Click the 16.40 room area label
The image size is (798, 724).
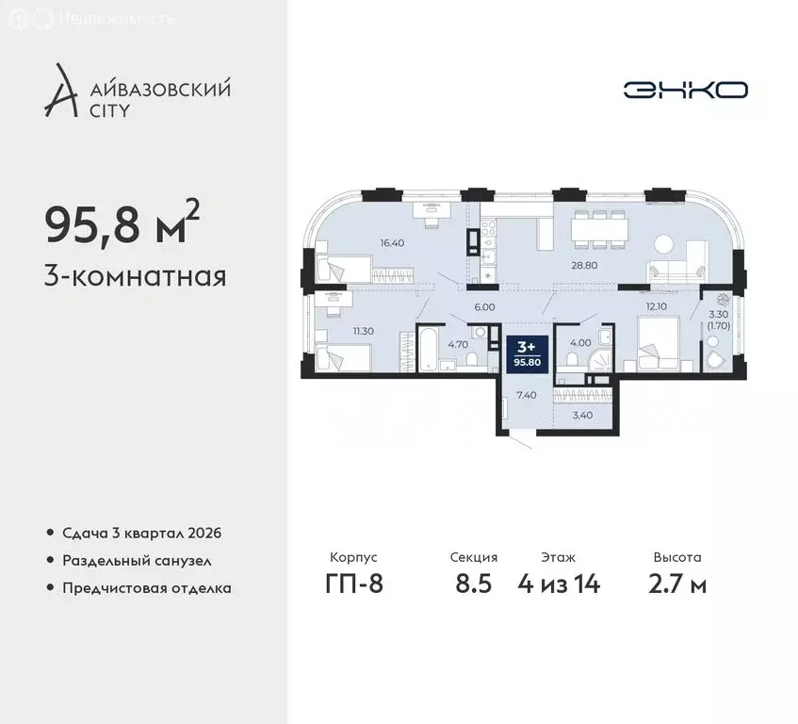click(392, 242)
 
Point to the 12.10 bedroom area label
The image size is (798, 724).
click(656, 305)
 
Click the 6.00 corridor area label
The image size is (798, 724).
click(484, 305)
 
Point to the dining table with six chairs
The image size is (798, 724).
click(599, 225)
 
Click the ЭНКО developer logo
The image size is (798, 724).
click(686, 90)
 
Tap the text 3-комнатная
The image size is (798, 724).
click(135, 277)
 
